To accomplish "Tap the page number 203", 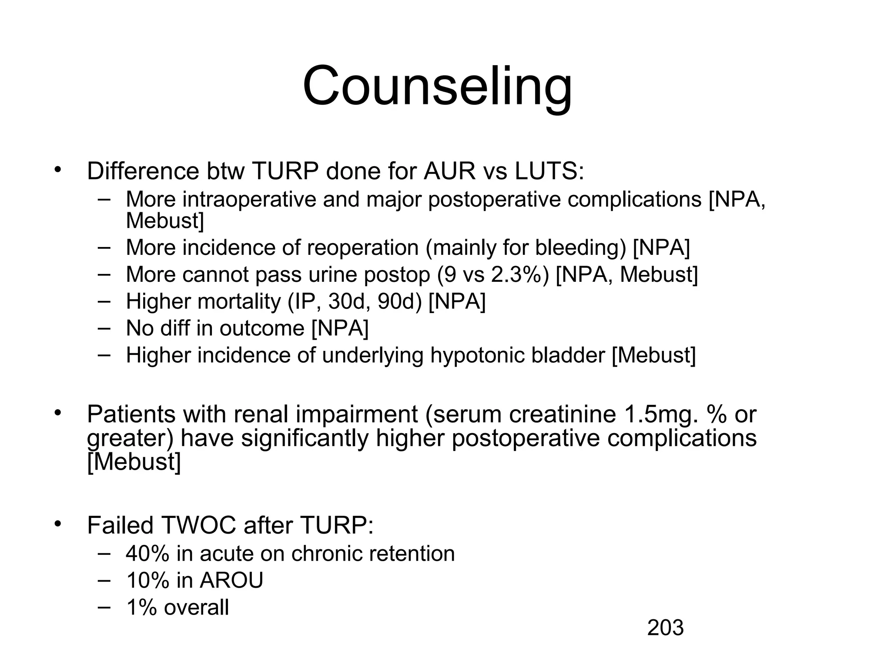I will [x=665, y=628].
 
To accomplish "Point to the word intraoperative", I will [x=249, y=200].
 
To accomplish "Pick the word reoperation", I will [x=362, y=247].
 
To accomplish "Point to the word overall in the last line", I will [x=196, y=607].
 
